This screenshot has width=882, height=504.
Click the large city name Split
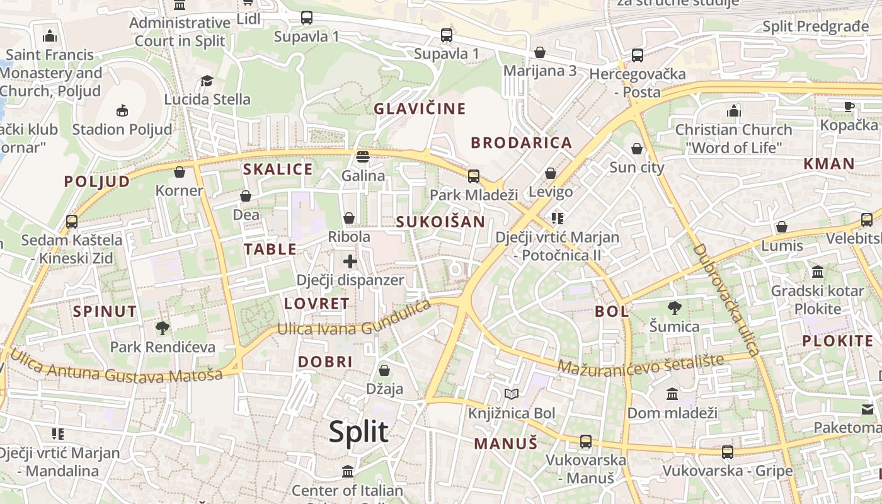point(358,432)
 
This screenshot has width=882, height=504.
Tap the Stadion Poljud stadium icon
point(122,110)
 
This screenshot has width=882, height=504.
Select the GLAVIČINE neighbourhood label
point(420,109)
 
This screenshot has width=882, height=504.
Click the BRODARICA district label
point(522,143)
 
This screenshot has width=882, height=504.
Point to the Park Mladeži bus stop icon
point(473,176)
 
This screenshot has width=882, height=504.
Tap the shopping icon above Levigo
point(551,173)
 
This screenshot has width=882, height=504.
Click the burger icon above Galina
point(363,156)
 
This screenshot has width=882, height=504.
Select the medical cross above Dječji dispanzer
point(350,261)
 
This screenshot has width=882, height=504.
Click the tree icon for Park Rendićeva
point(163,328)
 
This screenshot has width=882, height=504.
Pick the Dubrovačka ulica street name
point(727,299)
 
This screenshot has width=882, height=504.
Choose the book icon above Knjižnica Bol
point(512,394)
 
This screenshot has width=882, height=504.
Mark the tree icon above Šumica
point(675,308)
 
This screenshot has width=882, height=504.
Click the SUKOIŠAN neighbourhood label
point(440,222)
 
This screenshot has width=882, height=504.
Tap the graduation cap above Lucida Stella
point(207,81)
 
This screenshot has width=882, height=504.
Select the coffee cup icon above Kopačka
point(849,106)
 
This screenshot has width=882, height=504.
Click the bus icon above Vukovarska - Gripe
point(728,452)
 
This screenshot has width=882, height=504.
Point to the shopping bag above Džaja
point(384,370)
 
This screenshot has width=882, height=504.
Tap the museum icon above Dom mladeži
point(672,394)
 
